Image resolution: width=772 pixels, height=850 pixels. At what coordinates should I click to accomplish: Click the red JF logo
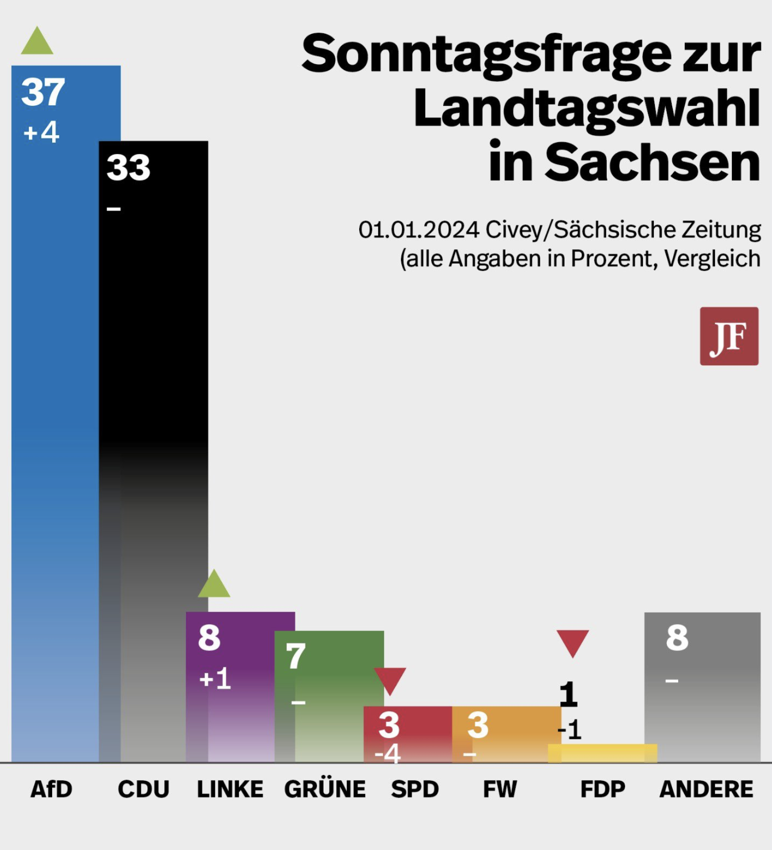point(729,336)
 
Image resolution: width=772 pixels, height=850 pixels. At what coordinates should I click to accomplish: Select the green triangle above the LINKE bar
point(214,584)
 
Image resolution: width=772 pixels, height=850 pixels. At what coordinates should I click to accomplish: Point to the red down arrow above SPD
point(390,680)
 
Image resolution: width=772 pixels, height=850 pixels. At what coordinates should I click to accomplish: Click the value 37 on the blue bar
point(43,92)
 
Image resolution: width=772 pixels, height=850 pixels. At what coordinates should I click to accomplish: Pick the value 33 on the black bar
point(128,168)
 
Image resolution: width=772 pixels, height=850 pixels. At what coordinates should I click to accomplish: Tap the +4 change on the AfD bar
point(42,133)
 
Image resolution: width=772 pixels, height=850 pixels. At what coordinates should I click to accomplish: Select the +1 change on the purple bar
point(215,678)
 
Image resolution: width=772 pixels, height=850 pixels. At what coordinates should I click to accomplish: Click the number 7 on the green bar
point(296,656)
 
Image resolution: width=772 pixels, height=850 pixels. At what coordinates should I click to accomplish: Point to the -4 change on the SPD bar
point(387,754)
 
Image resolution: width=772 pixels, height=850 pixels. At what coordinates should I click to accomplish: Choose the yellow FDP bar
point(602,753)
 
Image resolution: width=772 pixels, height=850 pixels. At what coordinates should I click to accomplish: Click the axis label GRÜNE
point(325,789)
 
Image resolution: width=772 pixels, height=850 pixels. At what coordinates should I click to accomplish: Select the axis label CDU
point(143,789)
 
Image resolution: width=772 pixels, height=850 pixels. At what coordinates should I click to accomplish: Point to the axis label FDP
point(603,789)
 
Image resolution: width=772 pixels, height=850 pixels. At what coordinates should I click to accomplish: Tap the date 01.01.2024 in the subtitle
point(419,230)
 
